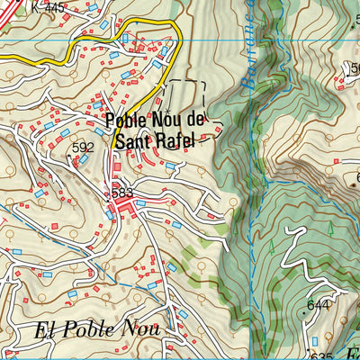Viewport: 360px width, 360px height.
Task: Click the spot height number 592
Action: tap(83, 148)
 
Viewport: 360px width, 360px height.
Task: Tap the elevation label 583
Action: tap(122, 193)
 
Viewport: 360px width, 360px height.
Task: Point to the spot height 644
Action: tap(318, 306)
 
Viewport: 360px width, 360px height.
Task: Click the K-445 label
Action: tap(47, 8)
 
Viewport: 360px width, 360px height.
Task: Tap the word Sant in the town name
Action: tap(134, 139)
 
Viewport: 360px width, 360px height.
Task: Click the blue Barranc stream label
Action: tap(248, 45)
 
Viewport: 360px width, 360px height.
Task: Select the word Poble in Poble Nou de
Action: tap(126, 120)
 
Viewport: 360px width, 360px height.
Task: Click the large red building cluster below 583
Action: tap(121, 211)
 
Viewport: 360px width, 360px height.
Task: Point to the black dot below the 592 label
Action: tap(72, 156)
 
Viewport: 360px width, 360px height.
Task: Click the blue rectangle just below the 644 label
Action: tap(315, 341)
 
